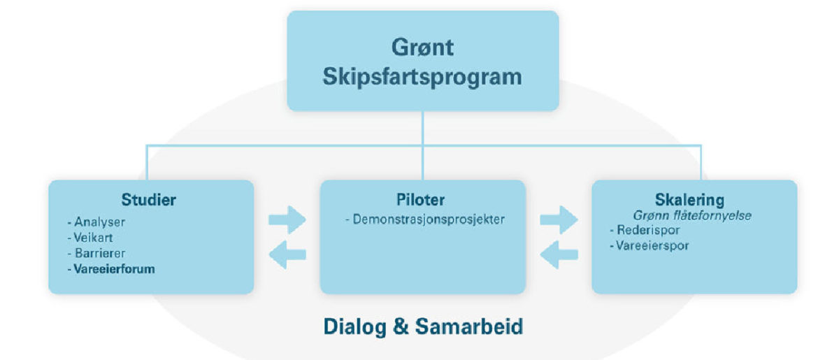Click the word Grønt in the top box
click(x=422, y=48)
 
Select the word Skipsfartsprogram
click(x=422, y=77)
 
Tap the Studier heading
click(x=149, y=200)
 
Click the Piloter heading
click(x=421, y=200)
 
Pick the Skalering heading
click(x=689, y=200)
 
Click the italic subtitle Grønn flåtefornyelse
click(x=692, y=216)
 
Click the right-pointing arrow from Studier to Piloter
click(x=287, y=220)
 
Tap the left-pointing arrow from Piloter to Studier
click(x=287, y=254)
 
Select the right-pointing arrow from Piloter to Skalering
click(x=559, y=220)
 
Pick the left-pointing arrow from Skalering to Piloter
click(x=559, y=254)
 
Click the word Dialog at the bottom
click(x=354, y=327)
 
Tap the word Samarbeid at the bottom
click(x=469, y=326)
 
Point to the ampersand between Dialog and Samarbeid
click(x=401, y=326)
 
